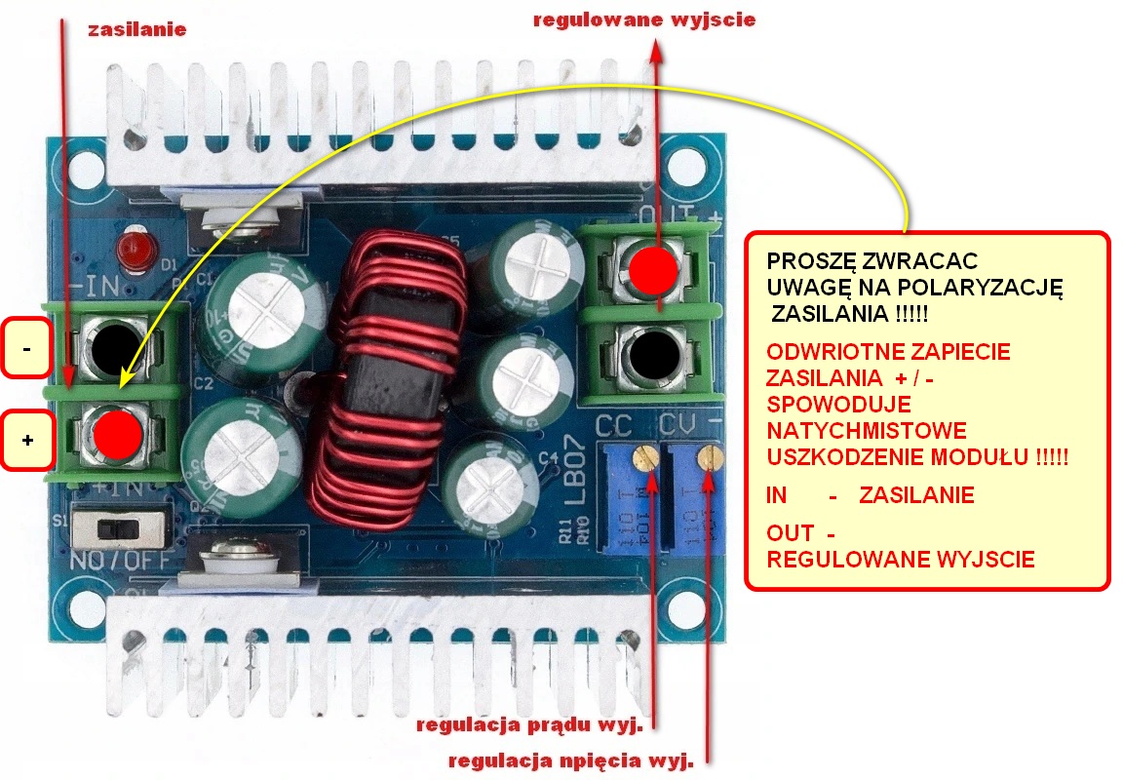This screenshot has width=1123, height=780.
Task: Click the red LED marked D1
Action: [x=129, y=251]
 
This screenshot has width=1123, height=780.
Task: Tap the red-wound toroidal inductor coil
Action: [x=381, y=375]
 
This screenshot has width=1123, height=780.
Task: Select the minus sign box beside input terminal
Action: [x=26, y=347]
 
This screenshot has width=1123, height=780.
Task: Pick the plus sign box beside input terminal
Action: [x=26, y=441]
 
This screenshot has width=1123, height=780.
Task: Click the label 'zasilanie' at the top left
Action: [x=136, y=29]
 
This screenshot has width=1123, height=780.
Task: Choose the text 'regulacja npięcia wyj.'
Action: [x=569, y=761]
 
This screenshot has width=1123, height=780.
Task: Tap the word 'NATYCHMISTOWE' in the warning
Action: [x=867, y=430]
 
